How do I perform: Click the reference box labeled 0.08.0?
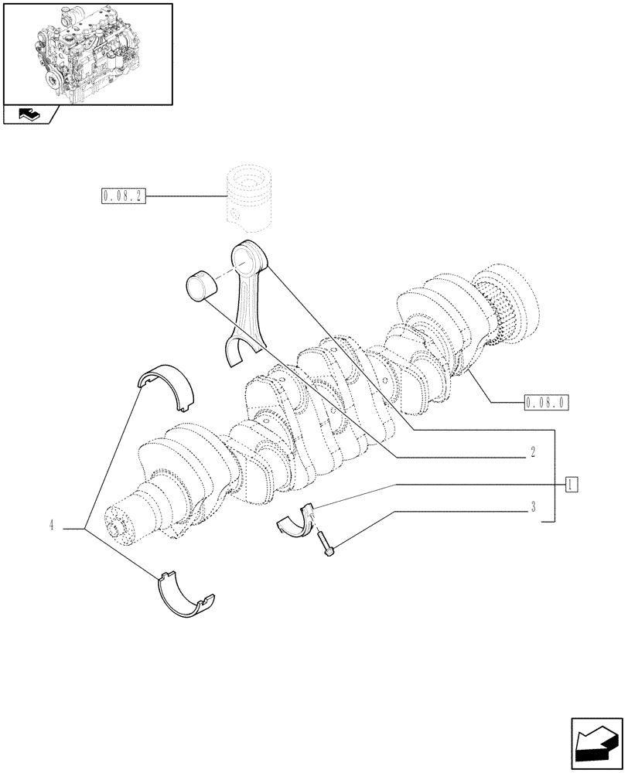[546, 402]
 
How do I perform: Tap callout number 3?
[533, 508]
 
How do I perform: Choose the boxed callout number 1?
[572, 484]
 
